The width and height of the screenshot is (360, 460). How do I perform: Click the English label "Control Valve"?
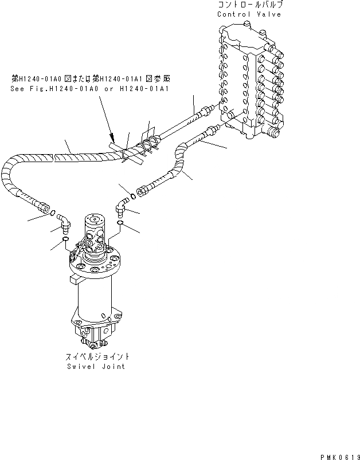[249, 14]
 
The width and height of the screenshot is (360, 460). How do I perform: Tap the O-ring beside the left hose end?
[53, 214]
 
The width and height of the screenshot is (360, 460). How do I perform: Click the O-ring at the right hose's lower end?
[132, 196]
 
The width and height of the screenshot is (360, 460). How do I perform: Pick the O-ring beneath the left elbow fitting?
[66, 239]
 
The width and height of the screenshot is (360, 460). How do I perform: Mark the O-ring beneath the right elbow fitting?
[120, 222]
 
